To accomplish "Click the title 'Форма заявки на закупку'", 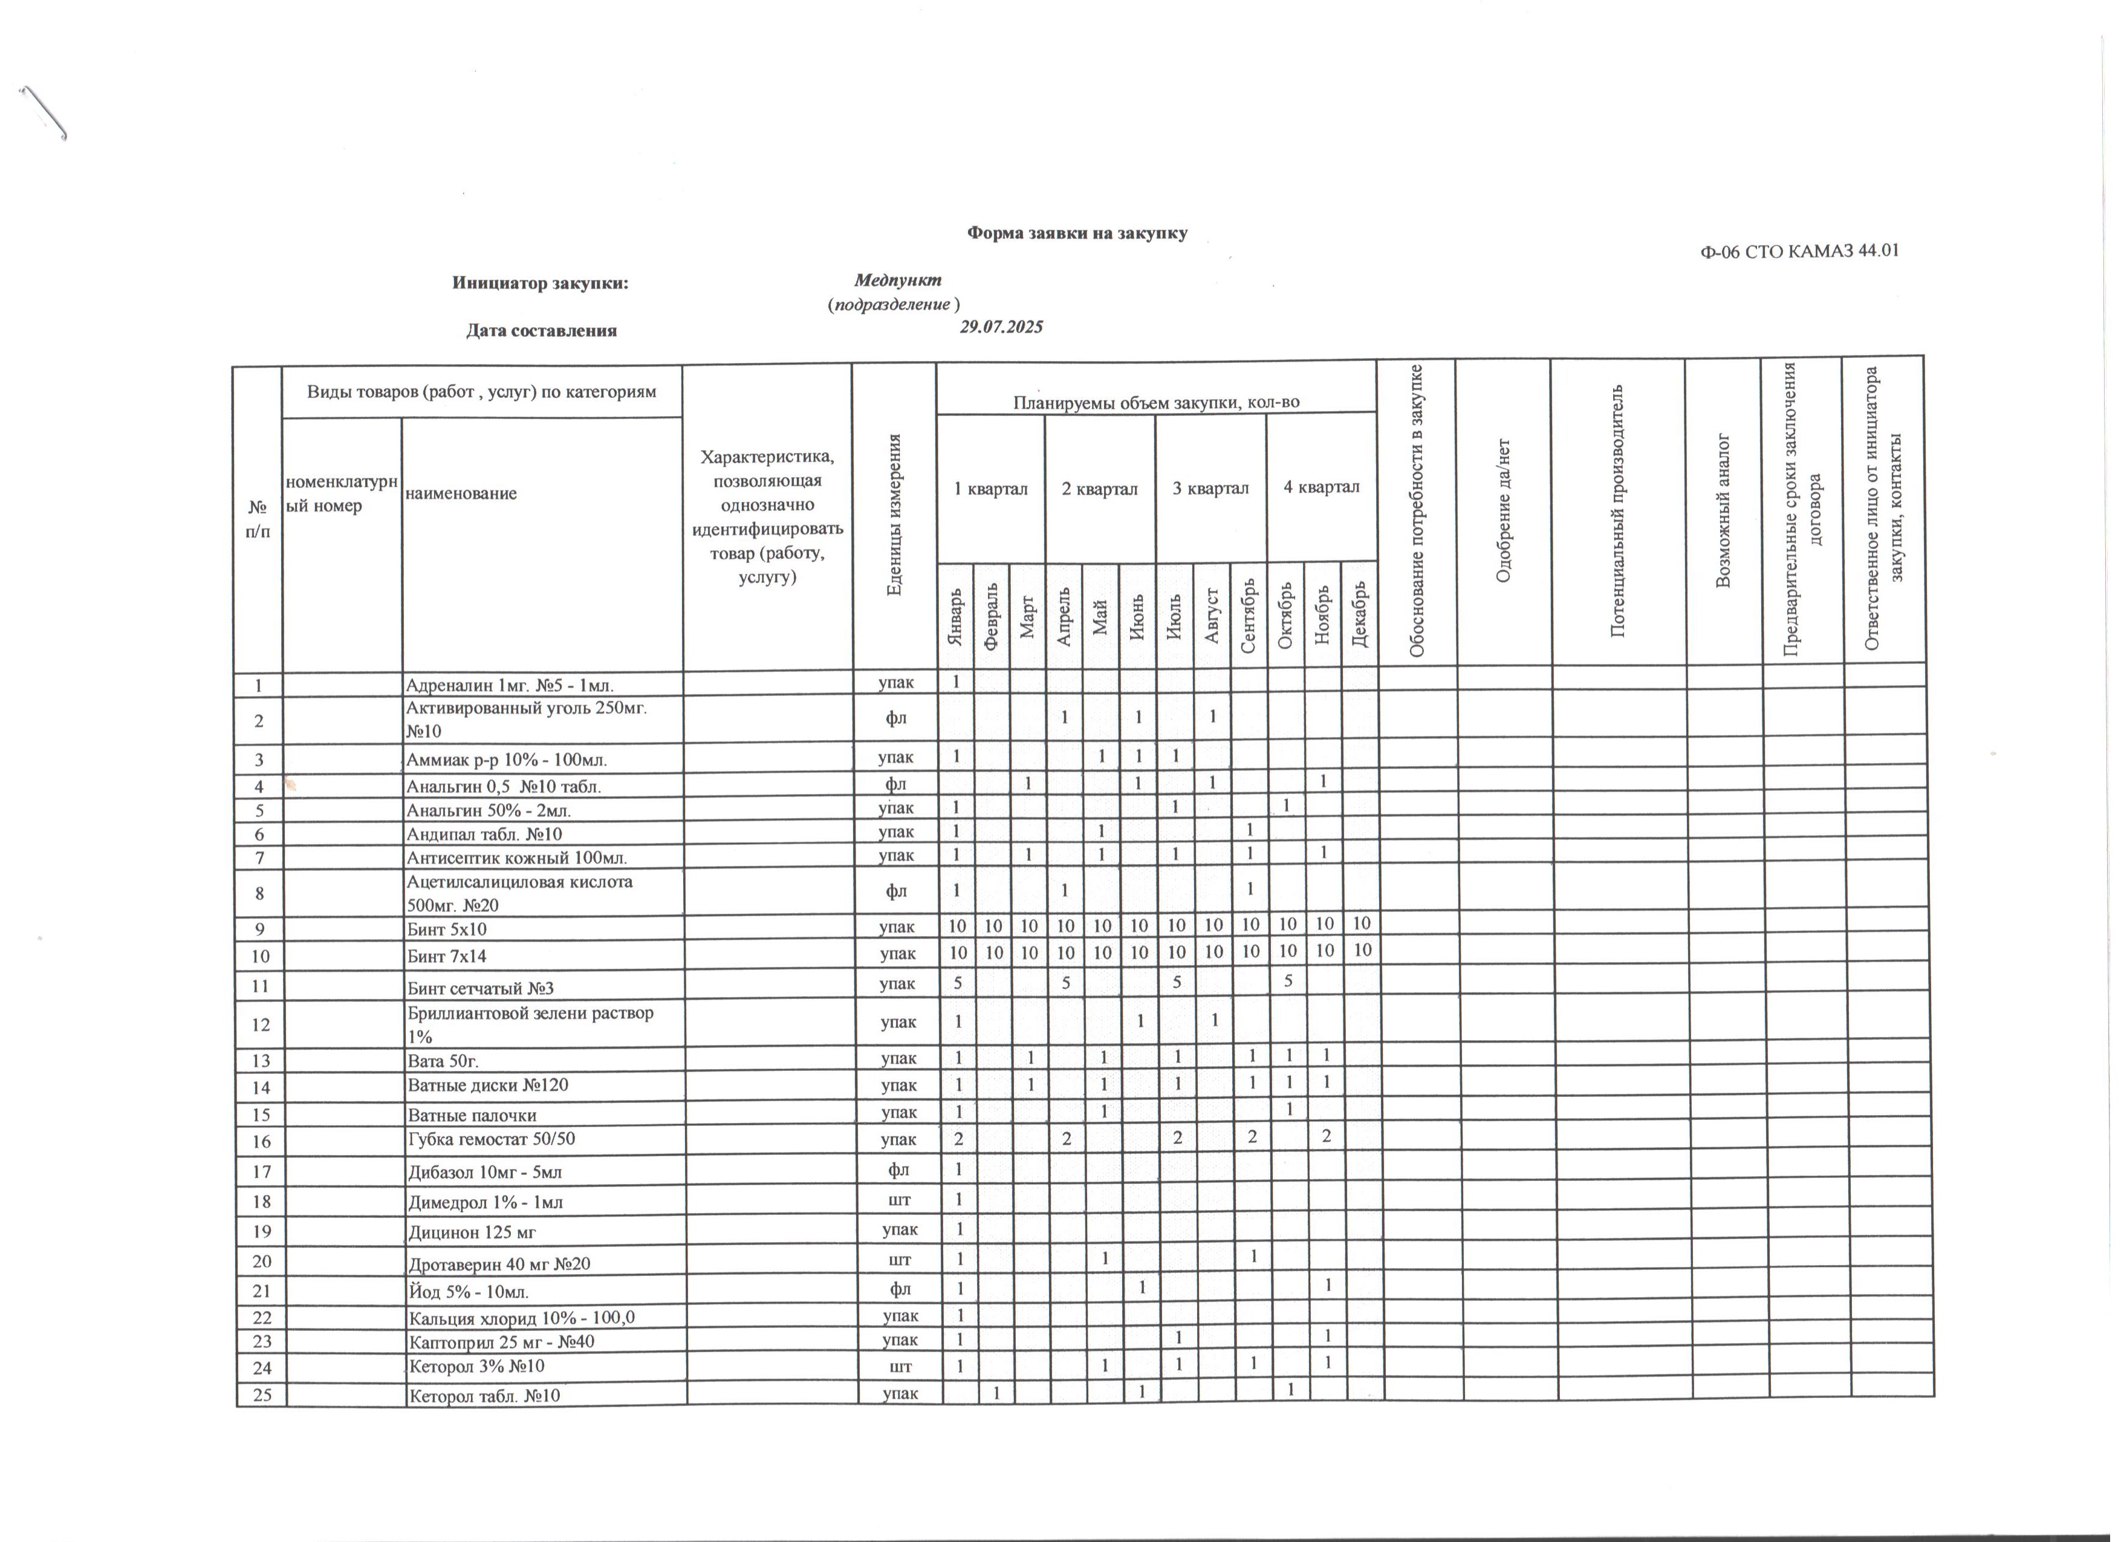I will [x=1076, y=233].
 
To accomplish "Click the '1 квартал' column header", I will [x=990, y=488].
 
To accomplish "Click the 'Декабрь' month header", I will [x=1360, y=613].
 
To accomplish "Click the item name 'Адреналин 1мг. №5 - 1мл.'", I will [x=510, y=683].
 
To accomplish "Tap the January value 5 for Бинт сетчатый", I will [x=956, y=982].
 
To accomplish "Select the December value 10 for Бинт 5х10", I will [x=1362, y=924].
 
